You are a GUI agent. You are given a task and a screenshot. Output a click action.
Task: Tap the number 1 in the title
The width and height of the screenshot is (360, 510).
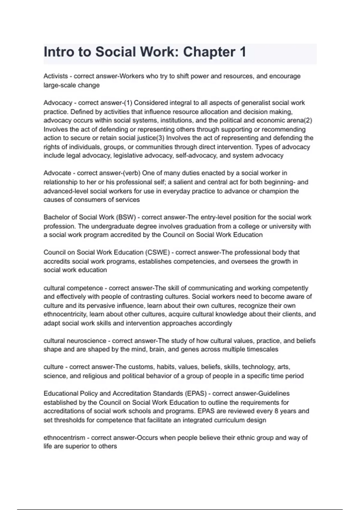click(x=243, y=52)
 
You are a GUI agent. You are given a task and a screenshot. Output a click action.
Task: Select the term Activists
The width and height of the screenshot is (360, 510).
click(x=55, y=76)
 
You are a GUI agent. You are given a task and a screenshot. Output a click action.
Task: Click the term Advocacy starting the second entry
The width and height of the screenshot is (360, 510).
click(x=58, y=103)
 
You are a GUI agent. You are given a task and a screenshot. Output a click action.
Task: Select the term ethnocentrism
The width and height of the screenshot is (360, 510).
click(x=64, y=438)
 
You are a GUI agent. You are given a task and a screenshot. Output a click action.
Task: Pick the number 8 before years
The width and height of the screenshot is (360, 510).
click(x=276, y=411)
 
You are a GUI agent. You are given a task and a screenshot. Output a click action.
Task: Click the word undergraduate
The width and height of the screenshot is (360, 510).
click(x=111, y=226)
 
